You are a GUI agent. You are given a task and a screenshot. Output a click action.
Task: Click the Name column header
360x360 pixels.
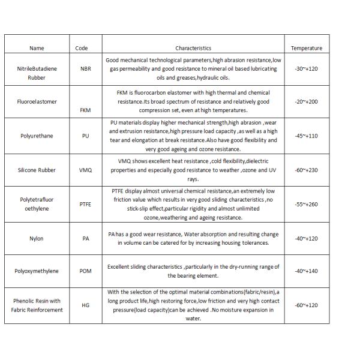[37, 48]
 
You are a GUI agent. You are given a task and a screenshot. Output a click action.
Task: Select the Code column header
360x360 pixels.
[82, 48]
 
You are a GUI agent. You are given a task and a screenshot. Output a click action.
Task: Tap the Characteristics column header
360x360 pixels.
[193, 48]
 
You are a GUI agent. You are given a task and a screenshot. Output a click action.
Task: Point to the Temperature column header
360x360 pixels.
[306, 48]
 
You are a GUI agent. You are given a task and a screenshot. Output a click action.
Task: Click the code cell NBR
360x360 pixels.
[85, 69]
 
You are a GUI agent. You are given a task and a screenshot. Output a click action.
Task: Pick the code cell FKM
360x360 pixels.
[85, 110]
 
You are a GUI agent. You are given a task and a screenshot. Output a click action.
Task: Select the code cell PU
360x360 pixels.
[85, 136]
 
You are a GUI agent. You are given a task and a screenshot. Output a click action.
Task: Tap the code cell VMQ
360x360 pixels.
[85, 170]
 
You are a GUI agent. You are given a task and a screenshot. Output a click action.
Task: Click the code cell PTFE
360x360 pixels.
[85, 205]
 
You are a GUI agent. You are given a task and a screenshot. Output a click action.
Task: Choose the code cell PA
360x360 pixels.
[85, 238]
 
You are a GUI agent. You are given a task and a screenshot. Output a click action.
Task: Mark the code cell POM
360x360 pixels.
[85, 271]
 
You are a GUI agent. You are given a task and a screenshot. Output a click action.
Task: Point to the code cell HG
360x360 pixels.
[85, 305]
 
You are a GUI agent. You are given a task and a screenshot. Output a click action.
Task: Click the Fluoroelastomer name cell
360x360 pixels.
[37, 101]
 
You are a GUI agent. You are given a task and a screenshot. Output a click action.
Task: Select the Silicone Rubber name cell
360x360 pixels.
[37, 170]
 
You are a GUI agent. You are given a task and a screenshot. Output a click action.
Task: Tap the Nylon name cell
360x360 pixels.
[37, 238]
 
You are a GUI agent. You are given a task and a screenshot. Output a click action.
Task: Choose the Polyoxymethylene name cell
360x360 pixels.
[37, 271]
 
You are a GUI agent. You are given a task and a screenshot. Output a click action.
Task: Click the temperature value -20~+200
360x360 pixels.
[306, 101]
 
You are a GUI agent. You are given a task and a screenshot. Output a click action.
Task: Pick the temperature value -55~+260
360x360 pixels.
[306, 205]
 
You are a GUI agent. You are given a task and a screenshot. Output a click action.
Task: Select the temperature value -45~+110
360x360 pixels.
[306, 136]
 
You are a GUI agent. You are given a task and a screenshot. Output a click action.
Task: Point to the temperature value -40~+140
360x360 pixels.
[306, 271]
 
